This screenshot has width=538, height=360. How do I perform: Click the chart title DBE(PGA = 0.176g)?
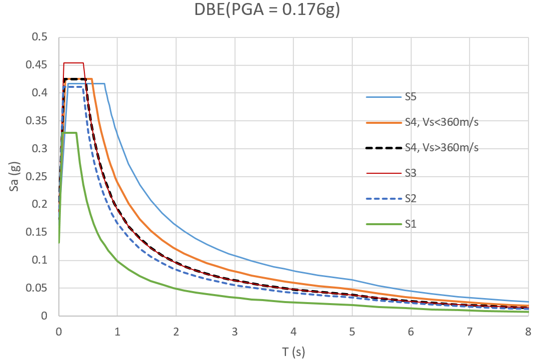[x=267, y=10]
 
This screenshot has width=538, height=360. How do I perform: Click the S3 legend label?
[x=412, y=173]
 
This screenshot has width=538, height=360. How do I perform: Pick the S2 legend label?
[x=412, y=198]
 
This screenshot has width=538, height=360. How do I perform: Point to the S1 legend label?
[x=412, y=224]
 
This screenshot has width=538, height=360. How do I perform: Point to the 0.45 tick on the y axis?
[x=42, y=65]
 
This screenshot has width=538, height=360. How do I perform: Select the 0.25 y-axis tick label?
[x=42, y=176]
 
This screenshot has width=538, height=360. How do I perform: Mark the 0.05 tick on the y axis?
[x=42, y=288]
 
